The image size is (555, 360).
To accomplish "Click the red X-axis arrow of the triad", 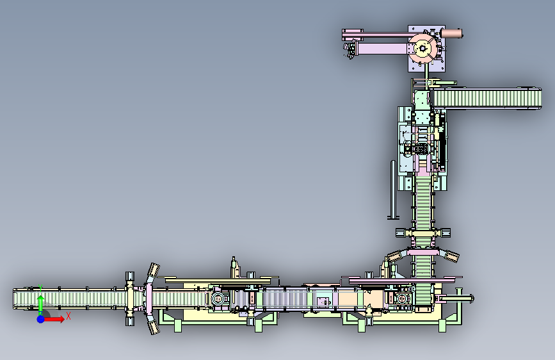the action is tap(54, 319).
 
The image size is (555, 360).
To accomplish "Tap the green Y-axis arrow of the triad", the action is tap(40, 304).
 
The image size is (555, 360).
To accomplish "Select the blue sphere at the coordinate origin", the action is tap(41, 319).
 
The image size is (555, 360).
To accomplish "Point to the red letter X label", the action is tap(68, 316).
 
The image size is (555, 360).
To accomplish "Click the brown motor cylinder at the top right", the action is tap(451, 34).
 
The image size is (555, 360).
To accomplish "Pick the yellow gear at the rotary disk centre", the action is tap(422, 48).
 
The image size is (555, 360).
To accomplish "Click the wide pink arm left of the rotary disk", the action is tap(382, 49).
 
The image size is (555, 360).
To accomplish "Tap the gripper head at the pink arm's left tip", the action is tap(350, 49).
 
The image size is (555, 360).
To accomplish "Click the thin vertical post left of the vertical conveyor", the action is tap(393, 190).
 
